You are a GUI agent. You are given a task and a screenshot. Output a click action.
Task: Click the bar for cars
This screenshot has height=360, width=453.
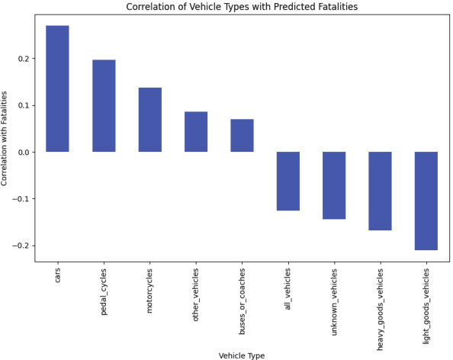click(x=57, y=88)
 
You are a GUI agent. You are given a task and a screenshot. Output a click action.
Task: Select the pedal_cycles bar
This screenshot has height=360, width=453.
click(x=104, y=106)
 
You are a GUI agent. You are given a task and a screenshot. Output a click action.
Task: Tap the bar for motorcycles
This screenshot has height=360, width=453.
click(x=149, y=120)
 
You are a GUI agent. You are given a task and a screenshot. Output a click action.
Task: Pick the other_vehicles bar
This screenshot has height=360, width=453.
click(x=196, y=132)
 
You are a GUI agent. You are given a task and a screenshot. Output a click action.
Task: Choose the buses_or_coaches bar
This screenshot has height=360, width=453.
click(x=242, y=136)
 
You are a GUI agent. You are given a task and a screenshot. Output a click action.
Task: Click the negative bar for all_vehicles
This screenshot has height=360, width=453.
click(x=288, y=181)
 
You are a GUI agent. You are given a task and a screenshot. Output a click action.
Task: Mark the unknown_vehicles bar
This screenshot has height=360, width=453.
click(x=334, y=185)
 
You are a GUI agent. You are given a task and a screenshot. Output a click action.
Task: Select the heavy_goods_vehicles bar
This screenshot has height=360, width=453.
click(x=380, y=191)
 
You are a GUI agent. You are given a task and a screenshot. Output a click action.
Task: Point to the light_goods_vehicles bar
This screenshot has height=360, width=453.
click(x=426, y=201)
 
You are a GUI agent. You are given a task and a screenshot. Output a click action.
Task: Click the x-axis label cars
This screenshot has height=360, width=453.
click(x=58, y=275)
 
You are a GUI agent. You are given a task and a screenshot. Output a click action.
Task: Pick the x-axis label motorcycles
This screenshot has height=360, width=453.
click(x=150, y=288)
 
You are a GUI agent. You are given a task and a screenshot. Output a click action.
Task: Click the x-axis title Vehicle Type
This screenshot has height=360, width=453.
click(x=242, y=355)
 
